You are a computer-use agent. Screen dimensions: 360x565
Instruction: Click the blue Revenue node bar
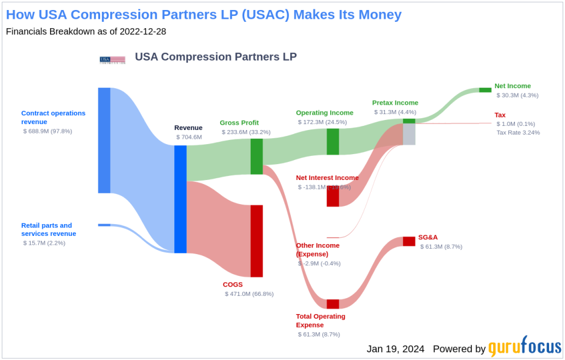tap(180, 199)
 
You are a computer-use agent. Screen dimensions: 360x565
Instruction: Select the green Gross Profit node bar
tap(257, 156)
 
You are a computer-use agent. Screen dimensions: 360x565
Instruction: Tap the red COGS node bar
tap(257, 241)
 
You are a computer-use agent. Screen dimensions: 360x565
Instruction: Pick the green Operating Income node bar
tap(333, 142)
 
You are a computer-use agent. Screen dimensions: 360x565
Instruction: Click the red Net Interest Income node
tap(333, 196)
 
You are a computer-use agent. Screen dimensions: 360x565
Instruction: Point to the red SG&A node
tap(409, 241)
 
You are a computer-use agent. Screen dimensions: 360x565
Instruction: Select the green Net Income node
tap(485, 90)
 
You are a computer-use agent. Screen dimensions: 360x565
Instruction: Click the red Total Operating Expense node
tap(333, 304)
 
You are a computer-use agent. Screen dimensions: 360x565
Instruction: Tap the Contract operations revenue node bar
tap(104, 140)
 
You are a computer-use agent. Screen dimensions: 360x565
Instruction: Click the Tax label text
tap(500, 115)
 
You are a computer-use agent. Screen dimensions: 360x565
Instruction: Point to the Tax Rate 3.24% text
tap(518, 132)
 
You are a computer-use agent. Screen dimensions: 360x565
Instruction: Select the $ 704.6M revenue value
tap(189, 137)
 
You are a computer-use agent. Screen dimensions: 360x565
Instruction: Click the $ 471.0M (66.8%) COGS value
tap(249, 294)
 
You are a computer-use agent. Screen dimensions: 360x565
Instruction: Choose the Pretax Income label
tap(395, 103)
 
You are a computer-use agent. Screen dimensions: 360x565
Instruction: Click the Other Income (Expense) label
tap(318, 250)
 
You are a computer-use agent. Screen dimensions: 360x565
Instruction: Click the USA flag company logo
tap(112, 59)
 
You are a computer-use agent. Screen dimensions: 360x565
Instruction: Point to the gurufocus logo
tap(524, 348)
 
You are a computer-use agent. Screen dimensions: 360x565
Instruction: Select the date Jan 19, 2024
tap(395, 348)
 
